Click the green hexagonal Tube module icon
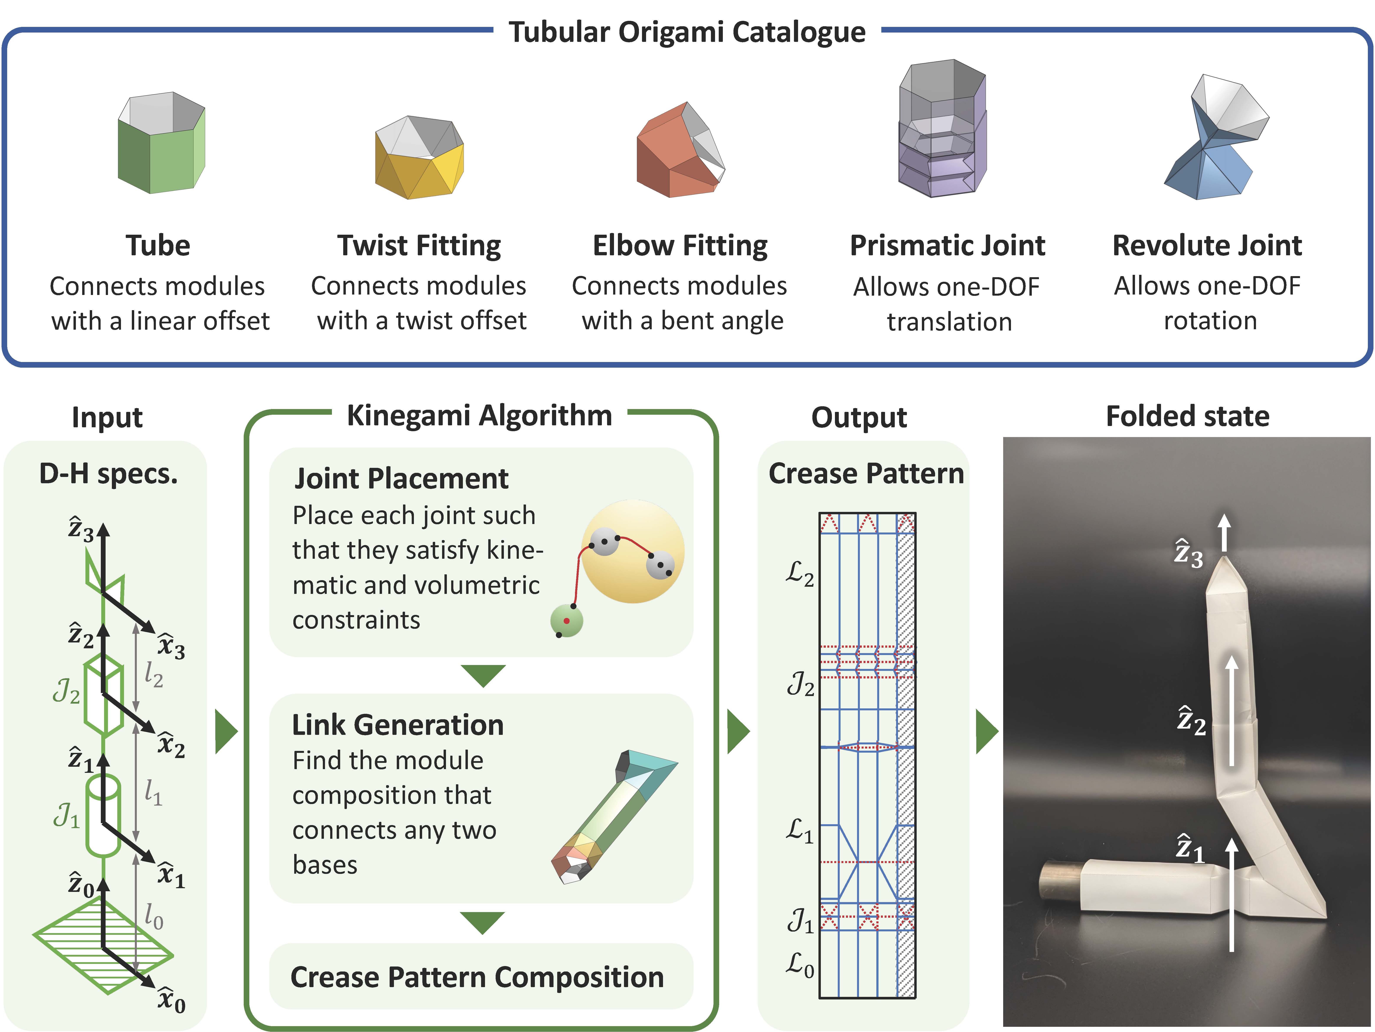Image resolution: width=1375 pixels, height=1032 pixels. (x=161, y=143)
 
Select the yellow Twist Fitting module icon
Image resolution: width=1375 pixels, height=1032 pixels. (x=420, y=158)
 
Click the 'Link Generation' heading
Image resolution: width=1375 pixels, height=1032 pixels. (x=398, y=725)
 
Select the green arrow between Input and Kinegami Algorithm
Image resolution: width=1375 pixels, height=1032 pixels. (x=226, y=732)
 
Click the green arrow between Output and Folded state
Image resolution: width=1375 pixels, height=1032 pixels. (x=987, y=732)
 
